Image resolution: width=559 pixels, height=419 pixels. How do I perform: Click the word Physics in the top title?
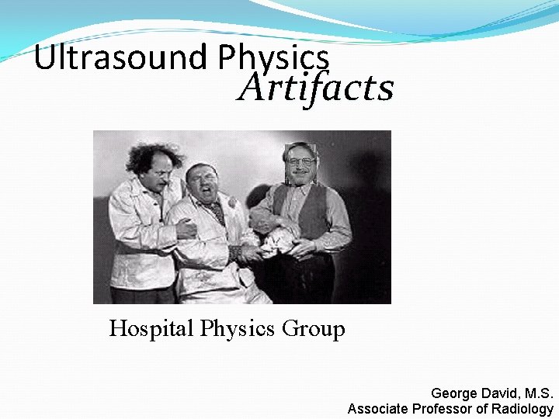(x=274, y=58)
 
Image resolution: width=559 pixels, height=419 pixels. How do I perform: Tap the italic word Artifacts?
(x=315, y=88)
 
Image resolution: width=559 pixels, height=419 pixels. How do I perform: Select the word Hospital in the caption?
(x=151, y=329)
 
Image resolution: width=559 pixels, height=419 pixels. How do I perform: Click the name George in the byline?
(x=454, y=394)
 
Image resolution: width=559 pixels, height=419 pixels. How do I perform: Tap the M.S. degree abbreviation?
(x=536, y=394)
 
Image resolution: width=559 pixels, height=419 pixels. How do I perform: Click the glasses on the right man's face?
(x=300, y=161)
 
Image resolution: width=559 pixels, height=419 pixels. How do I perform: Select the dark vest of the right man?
(x=311, y=209)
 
